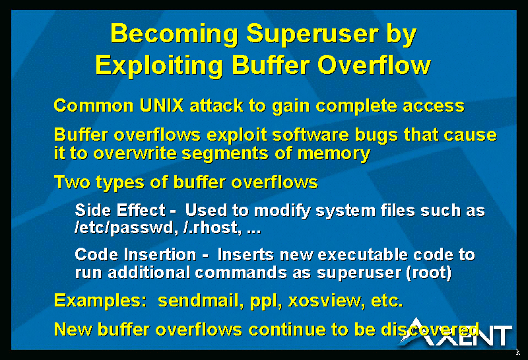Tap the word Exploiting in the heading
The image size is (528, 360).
click(159, 66)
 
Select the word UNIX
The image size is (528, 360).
click(162, 106)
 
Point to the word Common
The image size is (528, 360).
click(94, 106)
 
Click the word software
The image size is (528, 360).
click(310, 135)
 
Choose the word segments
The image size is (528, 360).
click(225, 154)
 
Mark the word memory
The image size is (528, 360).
click(334, 155)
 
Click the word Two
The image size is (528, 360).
click(72, 182)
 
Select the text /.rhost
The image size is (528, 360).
click(213, 228)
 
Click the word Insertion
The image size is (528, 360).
click(160, 254)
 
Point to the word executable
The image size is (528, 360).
click(362, 254)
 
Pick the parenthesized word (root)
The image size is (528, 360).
click(428, 273)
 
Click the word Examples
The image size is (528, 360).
click(100, 301)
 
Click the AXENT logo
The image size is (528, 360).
click(455, 332)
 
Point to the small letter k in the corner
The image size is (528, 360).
click(518, 352)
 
